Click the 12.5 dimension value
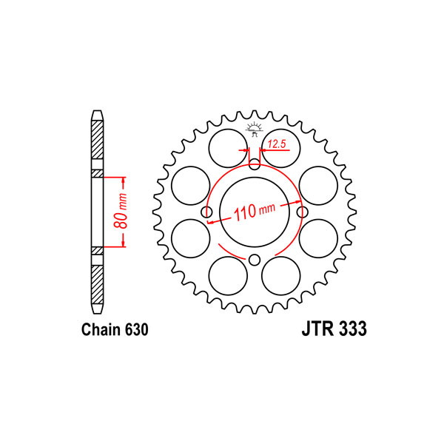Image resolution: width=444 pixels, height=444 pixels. [x=277, y=144]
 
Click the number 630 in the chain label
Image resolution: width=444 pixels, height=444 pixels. [x=135, y=329]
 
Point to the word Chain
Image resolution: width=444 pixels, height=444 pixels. [x=101, y=329]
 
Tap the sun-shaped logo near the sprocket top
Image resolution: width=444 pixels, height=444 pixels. [x=255, y=129]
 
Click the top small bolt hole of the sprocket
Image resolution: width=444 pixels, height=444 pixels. [x=255, y=164]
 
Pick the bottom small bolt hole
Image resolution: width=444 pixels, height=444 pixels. [x=255, y=260]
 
